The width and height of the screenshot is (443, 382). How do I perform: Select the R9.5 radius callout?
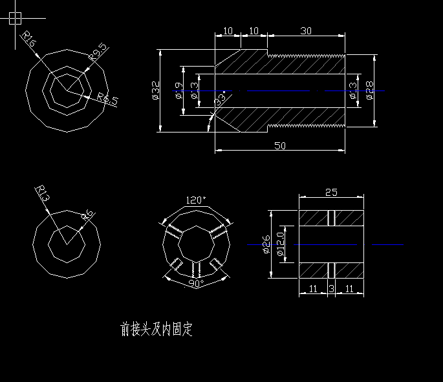[99, 52]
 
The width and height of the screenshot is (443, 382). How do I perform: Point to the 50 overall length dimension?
[280, 146]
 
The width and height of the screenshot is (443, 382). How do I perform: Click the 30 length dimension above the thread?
[306, 31]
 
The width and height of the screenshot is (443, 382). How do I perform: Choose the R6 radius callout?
[87, 216]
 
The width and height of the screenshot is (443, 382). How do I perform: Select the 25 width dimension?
[330, 193]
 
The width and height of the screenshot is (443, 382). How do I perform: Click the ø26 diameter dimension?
[266, 245]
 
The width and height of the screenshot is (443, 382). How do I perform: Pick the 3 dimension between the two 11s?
[331, 290]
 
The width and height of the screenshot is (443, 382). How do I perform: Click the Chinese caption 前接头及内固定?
[157, 330]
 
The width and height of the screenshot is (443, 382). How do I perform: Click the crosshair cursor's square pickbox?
[16, 18]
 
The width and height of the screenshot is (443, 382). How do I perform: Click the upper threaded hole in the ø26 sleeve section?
[331, 218]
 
